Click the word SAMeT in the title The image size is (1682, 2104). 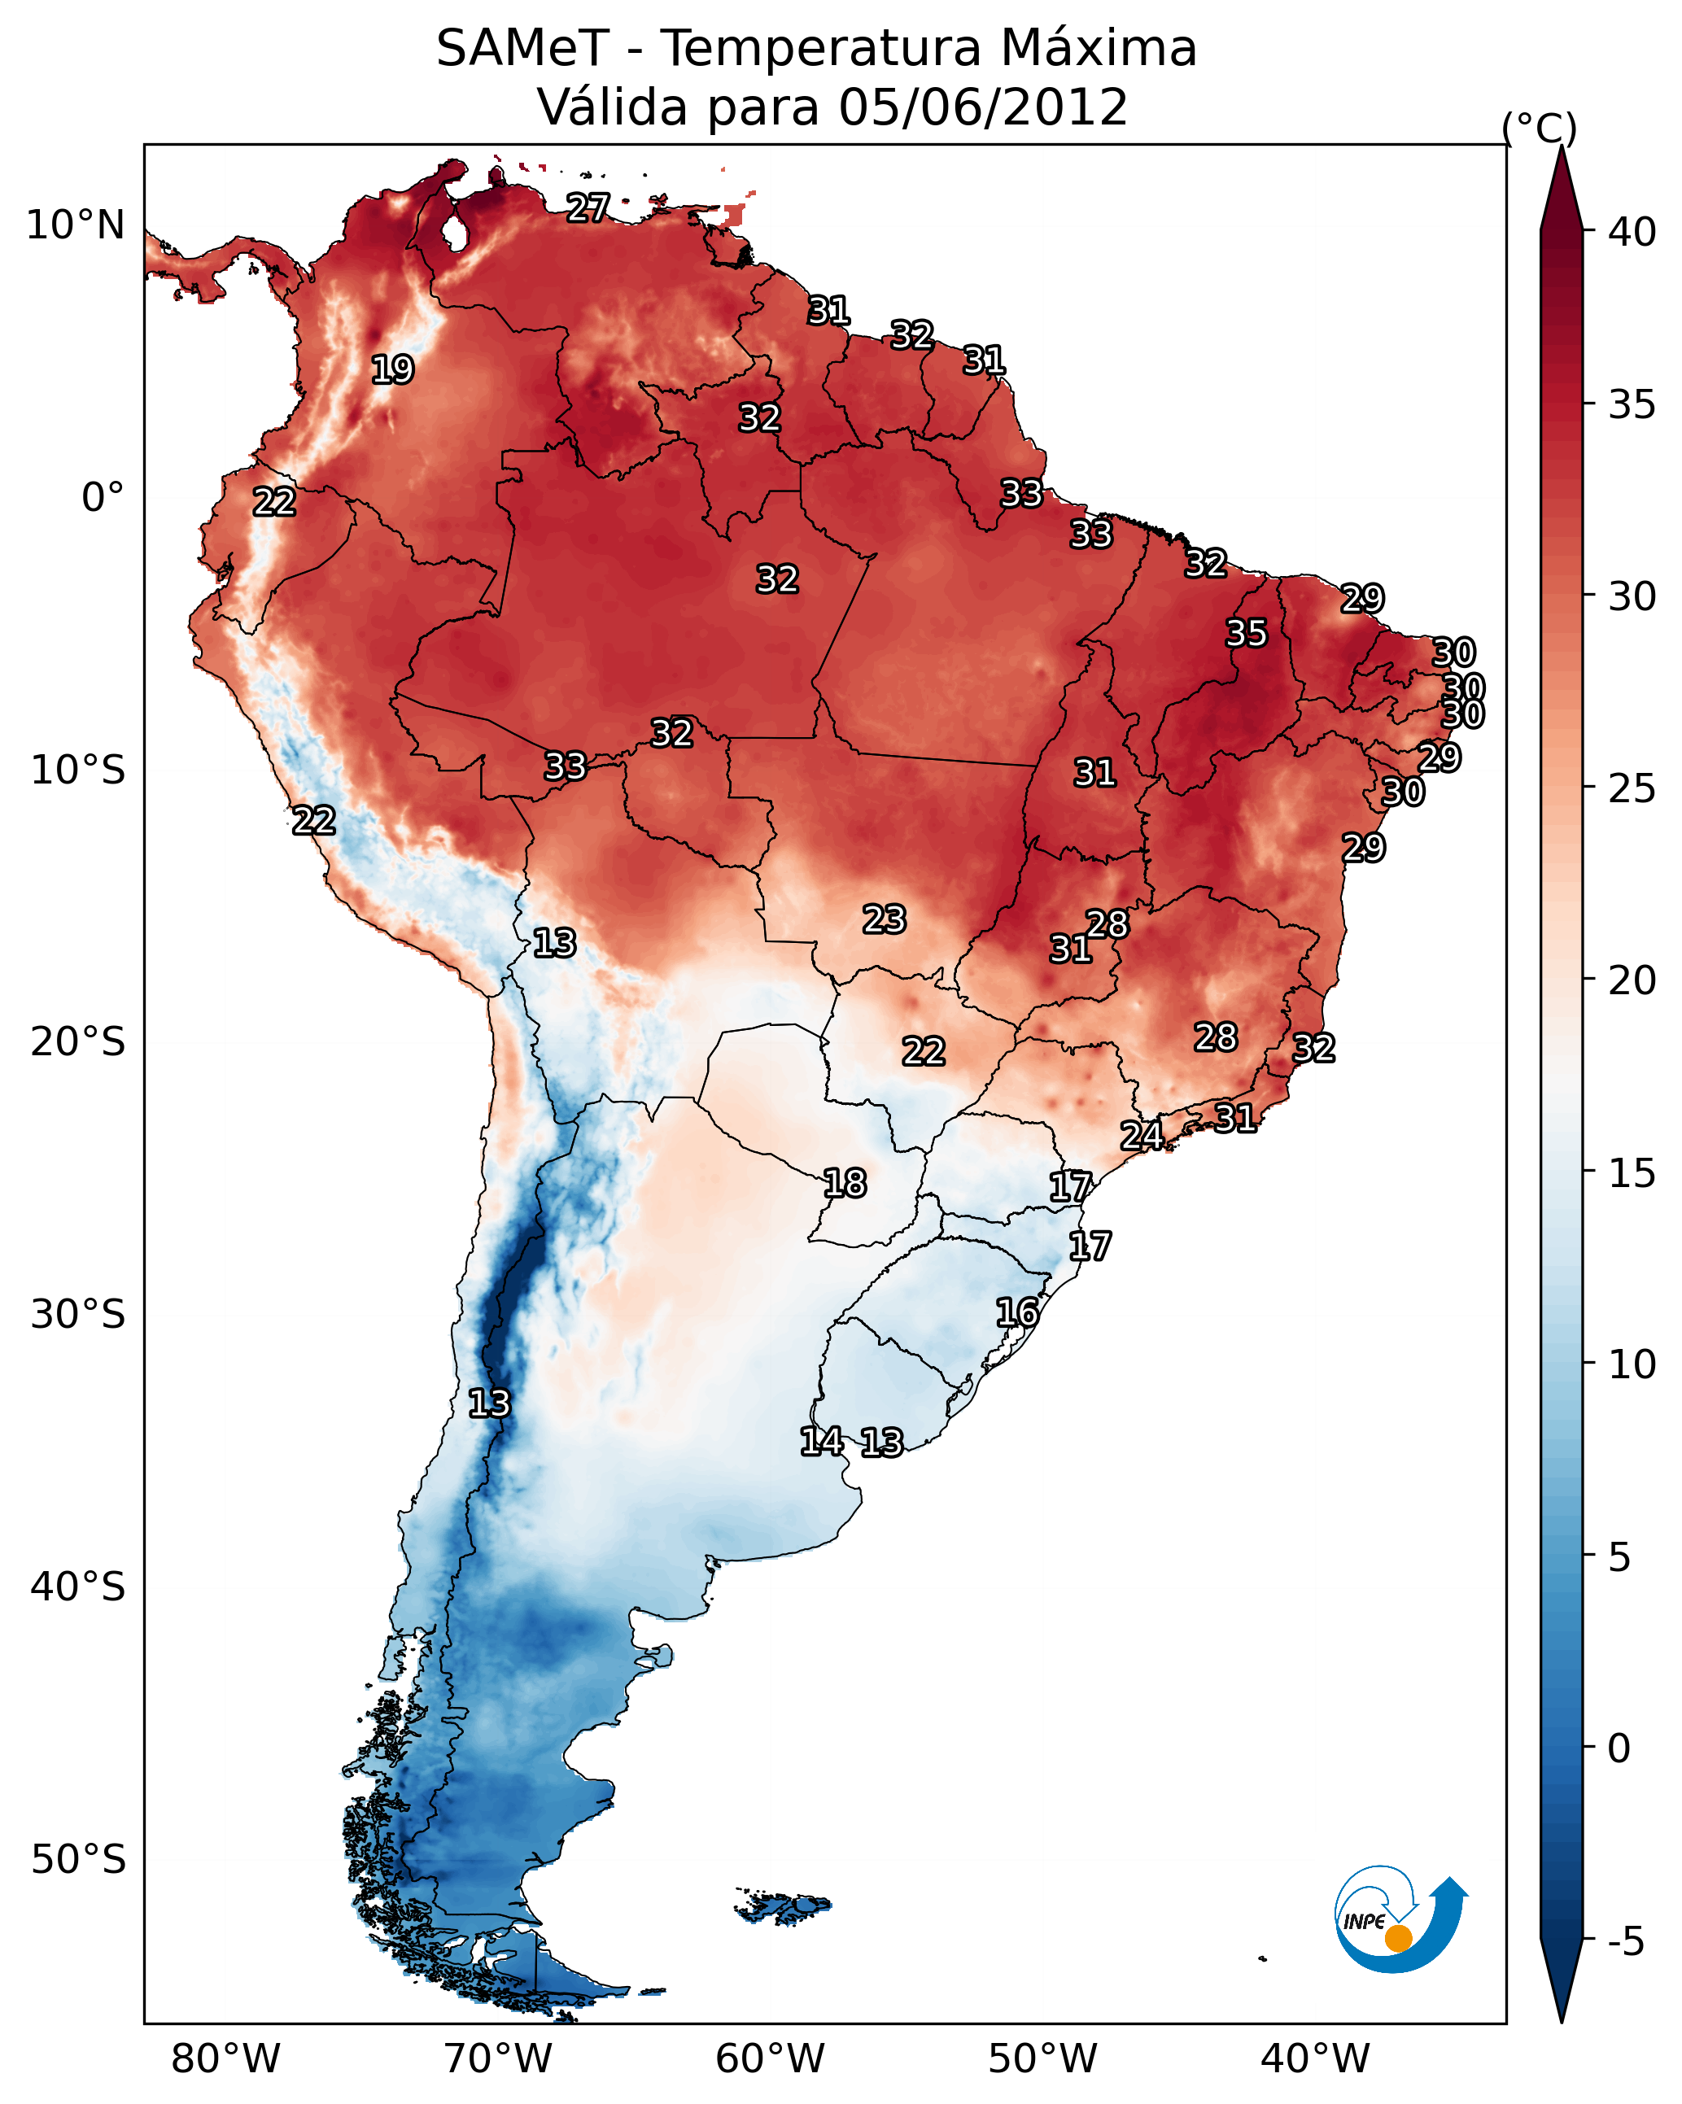(522, 48)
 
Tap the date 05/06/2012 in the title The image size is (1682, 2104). (983, 107)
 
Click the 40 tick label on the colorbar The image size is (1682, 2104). (1632, 232)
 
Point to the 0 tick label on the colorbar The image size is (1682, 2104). (1619, 1748)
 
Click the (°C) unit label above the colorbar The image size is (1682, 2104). (1539, 128)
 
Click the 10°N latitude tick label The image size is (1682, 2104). (75, 225)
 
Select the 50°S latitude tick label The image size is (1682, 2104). (78, 1859)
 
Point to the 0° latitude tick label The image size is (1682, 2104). (103, 497)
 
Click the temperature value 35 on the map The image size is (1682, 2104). (1247, 633)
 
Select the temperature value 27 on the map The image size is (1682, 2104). (588, 207)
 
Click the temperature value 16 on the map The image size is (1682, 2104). (1017, 1312)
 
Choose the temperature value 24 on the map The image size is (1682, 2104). (1141, 1135)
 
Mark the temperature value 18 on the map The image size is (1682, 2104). (845, 1184)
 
